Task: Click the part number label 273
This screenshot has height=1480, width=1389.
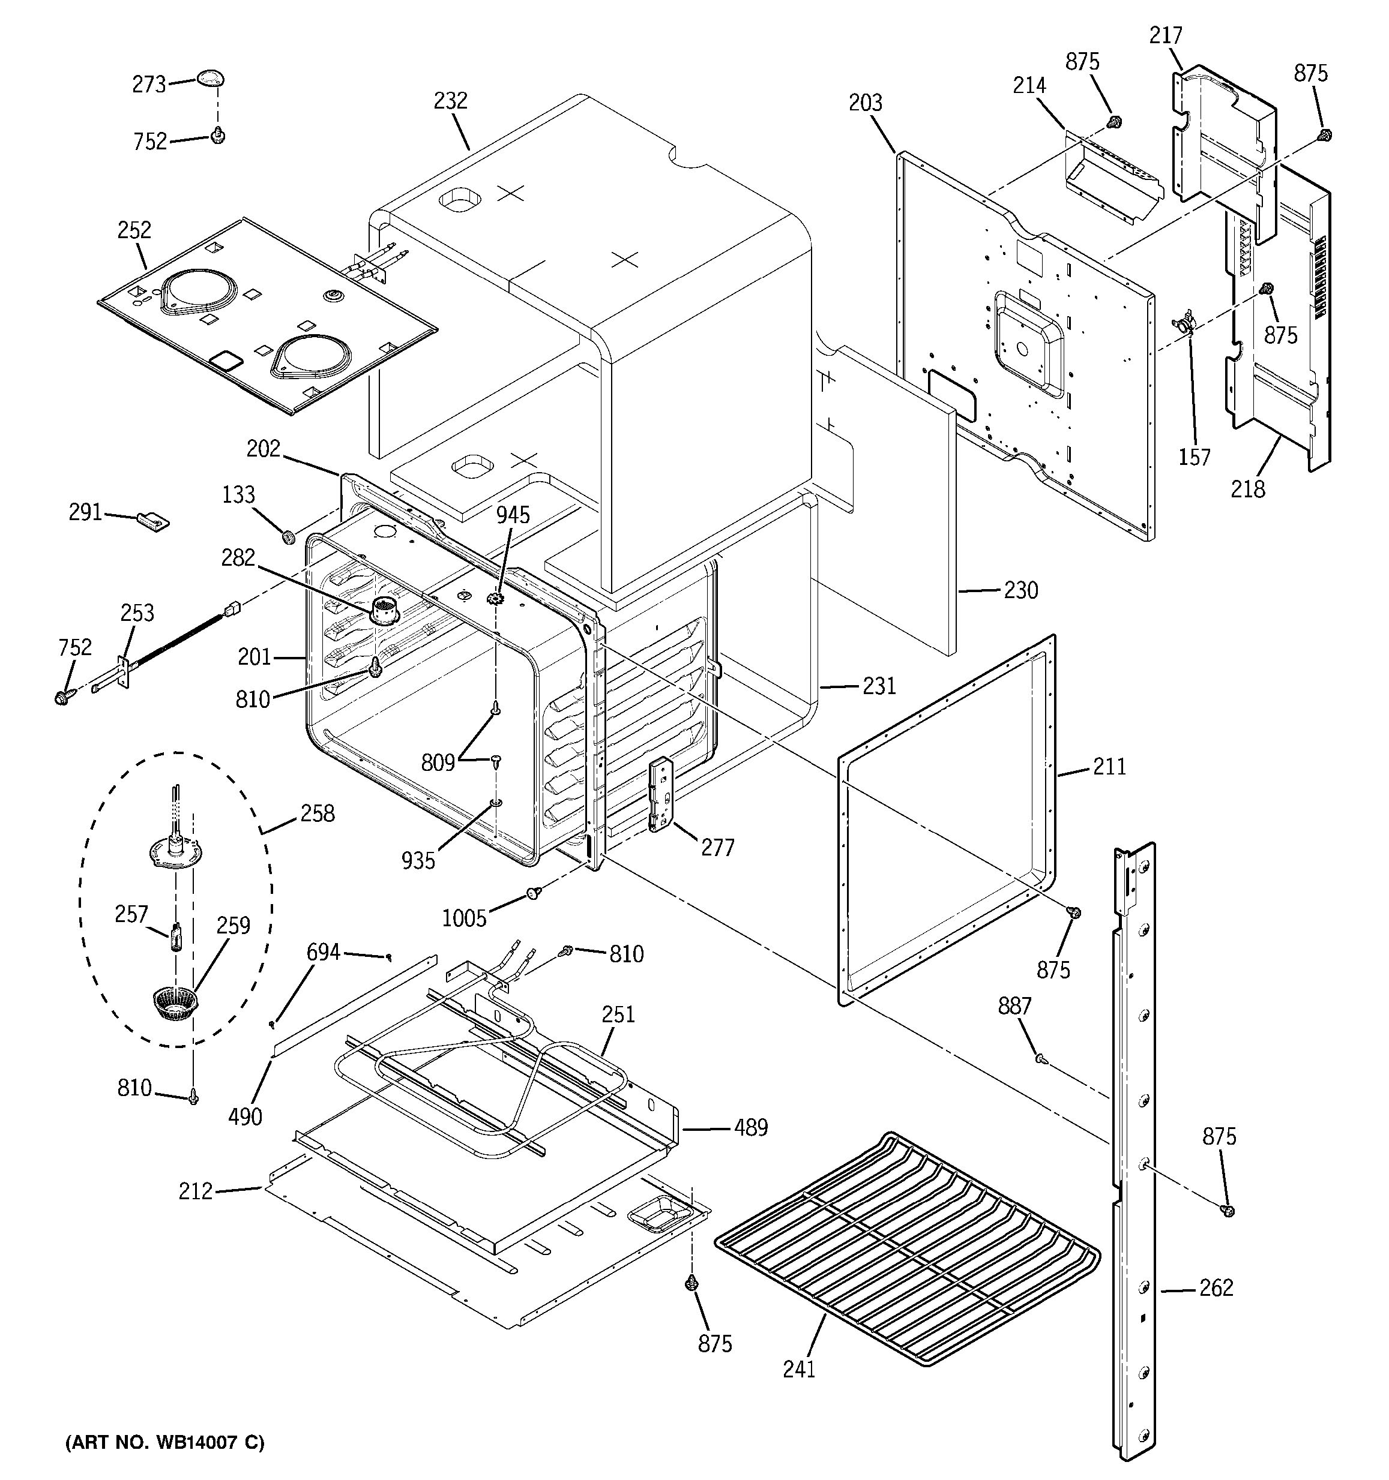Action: tap(149, 85)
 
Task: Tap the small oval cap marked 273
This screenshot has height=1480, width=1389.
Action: tap(211, 77)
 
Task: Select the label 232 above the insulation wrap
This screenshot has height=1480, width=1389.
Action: tap(451, 101)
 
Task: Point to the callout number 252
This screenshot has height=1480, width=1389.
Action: tap(134, 230)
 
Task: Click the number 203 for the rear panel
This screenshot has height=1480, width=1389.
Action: tap(866, 102)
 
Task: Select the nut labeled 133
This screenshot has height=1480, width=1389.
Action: tap(288, 535)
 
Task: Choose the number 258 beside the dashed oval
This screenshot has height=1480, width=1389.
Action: tap(318, 813)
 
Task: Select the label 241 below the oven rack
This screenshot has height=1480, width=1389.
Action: tap(799, 1369)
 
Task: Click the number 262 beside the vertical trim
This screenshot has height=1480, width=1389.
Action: tap(1216, 1287)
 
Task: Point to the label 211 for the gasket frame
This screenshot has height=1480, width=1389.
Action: tap(1109, 766)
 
